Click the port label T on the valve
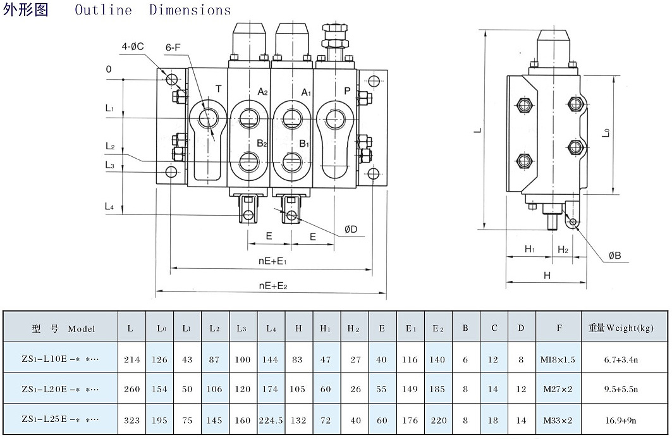coord(218,89)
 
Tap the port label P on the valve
coord(347,91)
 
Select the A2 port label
coord(262,92)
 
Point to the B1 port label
coord(304,144)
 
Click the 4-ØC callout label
coord(133,46)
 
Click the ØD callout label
coord(351,229)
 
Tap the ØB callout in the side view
coord(615,256)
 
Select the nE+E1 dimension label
coord(273,261)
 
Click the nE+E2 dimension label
coord(273,286)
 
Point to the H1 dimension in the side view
coord(530,250)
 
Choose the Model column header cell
coord(63,328)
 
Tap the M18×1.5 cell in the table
coord(558,359)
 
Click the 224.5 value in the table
coord(271,420)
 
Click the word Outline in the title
coord(104,10)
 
